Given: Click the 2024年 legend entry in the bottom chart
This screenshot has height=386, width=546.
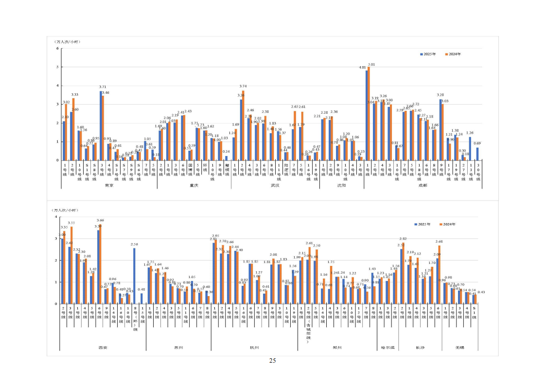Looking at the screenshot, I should [448, 224].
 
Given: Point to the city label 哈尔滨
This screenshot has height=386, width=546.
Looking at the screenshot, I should [388, 348].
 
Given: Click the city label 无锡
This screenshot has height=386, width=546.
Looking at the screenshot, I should [459, 348].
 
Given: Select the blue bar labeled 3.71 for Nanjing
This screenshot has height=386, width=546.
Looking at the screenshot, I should [101, 125].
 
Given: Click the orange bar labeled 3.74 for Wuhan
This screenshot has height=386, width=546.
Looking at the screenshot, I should [243, 125].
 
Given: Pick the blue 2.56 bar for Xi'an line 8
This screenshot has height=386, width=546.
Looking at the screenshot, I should [134, 276].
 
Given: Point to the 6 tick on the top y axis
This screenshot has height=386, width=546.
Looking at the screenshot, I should [57, 49].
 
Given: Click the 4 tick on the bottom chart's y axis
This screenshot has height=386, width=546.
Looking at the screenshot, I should [57, 217].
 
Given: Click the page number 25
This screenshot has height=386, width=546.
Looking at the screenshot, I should [272, 360].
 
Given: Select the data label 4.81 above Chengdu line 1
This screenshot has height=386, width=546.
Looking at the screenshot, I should [362, 67].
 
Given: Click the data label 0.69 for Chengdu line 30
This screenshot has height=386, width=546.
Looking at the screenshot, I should [477, 143].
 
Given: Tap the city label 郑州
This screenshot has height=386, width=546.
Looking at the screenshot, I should [338, 348].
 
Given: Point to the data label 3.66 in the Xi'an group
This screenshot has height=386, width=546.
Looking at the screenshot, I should [100, 220].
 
